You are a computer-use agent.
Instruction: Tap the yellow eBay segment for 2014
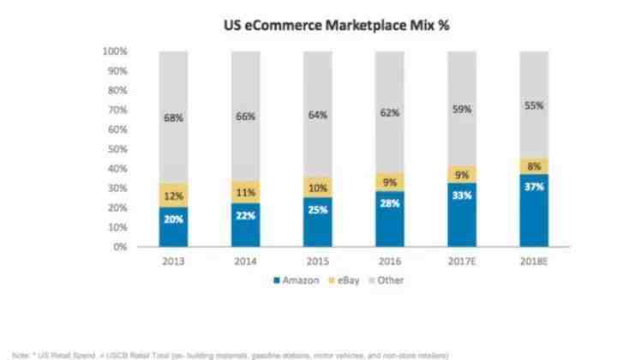245,193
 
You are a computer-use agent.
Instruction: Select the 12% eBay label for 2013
174,195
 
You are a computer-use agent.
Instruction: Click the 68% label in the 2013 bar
174,117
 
